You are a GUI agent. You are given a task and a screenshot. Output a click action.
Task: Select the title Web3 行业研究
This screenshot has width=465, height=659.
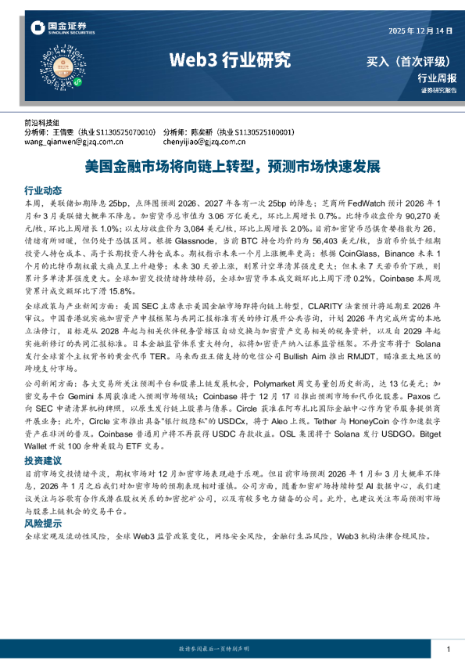[230, 60]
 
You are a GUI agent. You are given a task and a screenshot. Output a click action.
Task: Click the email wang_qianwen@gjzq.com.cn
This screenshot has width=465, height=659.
[71, 142]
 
